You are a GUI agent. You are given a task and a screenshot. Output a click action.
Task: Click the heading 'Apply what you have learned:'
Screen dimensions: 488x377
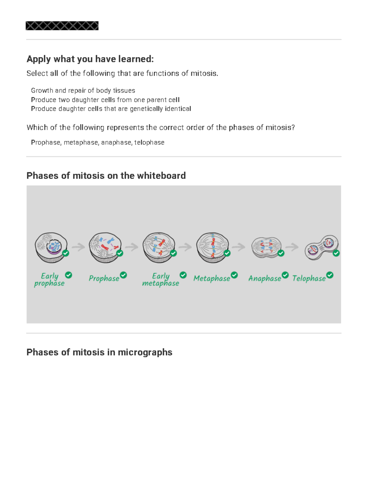click(x=90, y=59)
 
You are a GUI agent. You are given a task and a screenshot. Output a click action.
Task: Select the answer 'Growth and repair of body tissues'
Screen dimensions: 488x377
click(x=83, y=90)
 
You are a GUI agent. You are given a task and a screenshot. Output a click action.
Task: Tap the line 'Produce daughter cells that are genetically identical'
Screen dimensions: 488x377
click(x=111, y=109)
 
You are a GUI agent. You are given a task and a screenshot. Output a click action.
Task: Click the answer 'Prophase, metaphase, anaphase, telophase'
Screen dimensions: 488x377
click(x=97, y=143)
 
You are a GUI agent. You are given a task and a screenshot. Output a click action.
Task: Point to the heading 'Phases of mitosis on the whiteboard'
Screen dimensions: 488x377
click(x=106, y=175)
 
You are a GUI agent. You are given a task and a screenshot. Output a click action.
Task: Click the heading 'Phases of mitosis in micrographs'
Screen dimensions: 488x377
click(x=99, y=352)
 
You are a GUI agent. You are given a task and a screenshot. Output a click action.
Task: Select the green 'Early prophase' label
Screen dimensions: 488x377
click(x=49, y=279)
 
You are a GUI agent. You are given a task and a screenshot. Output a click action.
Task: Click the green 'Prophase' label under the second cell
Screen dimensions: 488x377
click(x=104, y=278)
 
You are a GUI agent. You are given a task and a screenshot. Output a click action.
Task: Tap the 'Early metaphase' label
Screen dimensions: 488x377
click(x=161, y=279)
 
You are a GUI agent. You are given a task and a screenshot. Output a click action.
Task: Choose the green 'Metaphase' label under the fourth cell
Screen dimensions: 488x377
click(x=211, y=278)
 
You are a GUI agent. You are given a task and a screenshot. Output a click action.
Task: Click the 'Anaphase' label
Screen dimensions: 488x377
click(x=265, y=278)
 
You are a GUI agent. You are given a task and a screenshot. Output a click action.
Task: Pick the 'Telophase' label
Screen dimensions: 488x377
click(x=309, y=278)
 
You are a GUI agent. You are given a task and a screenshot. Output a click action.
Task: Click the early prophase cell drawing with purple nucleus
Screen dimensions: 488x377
click(x=51, y=247)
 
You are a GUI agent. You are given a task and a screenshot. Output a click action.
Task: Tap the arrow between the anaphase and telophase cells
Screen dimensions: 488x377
click(x=292, y=247)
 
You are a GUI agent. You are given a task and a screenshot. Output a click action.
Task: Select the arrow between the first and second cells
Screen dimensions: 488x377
click(x=78, y=247)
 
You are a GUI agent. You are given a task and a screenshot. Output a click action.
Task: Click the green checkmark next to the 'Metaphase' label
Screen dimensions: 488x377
click(x=234, y=275)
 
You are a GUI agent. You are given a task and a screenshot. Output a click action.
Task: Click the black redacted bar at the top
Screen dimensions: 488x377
click(x=62, y=26)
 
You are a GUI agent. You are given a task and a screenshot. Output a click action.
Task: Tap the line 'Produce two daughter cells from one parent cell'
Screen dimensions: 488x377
click(x=105, y=100)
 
